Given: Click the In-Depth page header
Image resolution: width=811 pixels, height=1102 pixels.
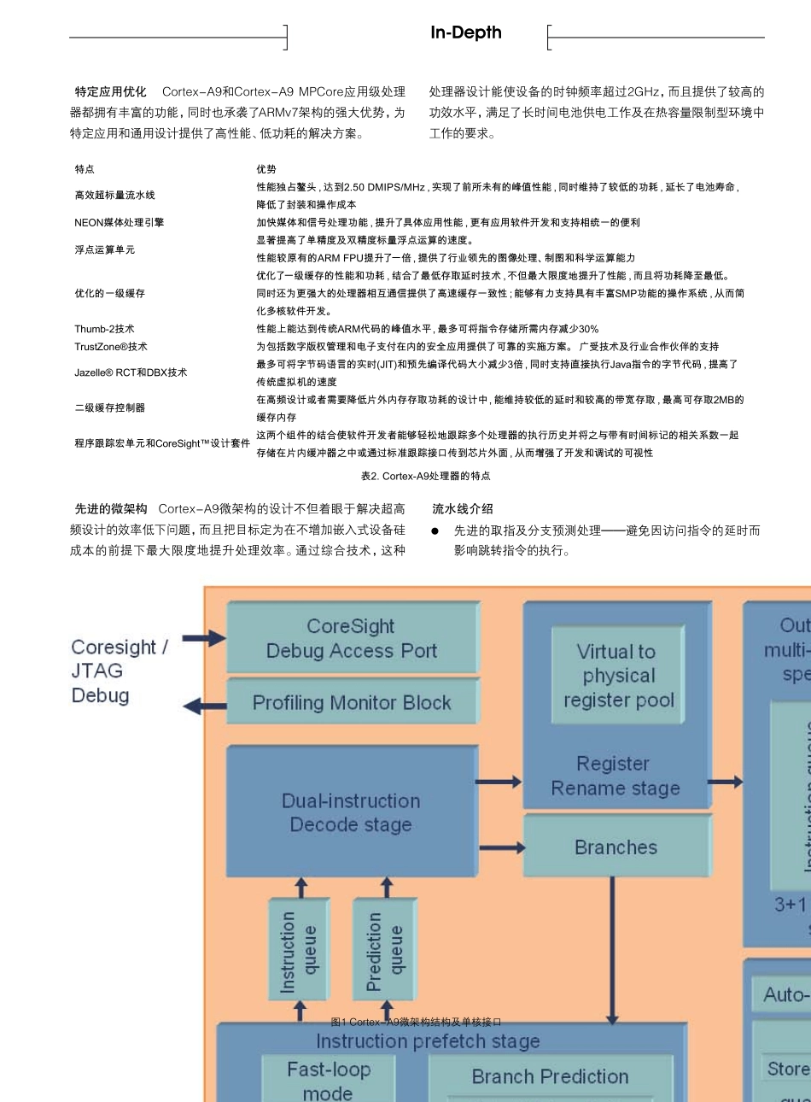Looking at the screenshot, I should (x=465, y=33).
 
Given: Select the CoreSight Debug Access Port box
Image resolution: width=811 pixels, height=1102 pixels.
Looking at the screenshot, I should (x=352, y=638).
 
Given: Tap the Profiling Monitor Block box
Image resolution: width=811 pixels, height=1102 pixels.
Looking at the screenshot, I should (x=352, y=702).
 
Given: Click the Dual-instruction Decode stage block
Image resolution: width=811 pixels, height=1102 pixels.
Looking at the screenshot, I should (x=351, y=812).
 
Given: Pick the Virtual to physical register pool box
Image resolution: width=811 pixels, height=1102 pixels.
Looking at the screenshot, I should (x=618, y=676).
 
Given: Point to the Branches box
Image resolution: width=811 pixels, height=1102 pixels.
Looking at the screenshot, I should (x=616, y=847).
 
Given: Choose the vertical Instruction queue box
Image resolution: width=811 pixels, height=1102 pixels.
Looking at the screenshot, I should (x=299, y=949).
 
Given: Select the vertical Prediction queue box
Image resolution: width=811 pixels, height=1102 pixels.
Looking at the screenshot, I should (x=384, y=949).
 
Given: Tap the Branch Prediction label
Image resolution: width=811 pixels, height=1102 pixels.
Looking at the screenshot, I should (x=550, y=1076).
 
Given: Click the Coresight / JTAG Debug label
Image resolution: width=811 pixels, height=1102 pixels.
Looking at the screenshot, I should (x=119, y=671).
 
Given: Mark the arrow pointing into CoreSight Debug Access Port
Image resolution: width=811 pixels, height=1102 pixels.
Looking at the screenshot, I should (x=204, y=637).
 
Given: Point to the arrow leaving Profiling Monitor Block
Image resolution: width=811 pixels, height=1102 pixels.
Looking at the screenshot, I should (x=205, y=706).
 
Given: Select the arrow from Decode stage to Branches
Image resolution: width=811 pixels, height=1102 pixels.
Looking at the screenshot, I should (x=501, y=847).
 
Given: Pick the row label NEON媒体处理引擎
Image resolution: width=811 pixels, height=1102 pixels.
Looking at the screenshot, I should (x=119, y=222).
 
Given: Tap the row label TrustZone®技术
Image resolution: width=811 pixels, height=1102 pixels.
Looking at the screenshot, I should (x=111, y=347).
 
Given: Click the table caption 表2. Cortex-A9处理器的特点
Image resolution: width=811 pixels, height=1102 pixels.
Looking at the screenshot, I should (x=425, y=476).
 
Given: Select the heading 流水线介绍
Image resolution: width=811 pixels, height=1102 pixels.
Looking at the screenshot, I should (x=463, y=508).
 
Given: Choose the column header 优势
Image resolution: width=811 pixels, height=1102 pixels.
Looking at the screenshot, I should (x=266, y=169).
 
